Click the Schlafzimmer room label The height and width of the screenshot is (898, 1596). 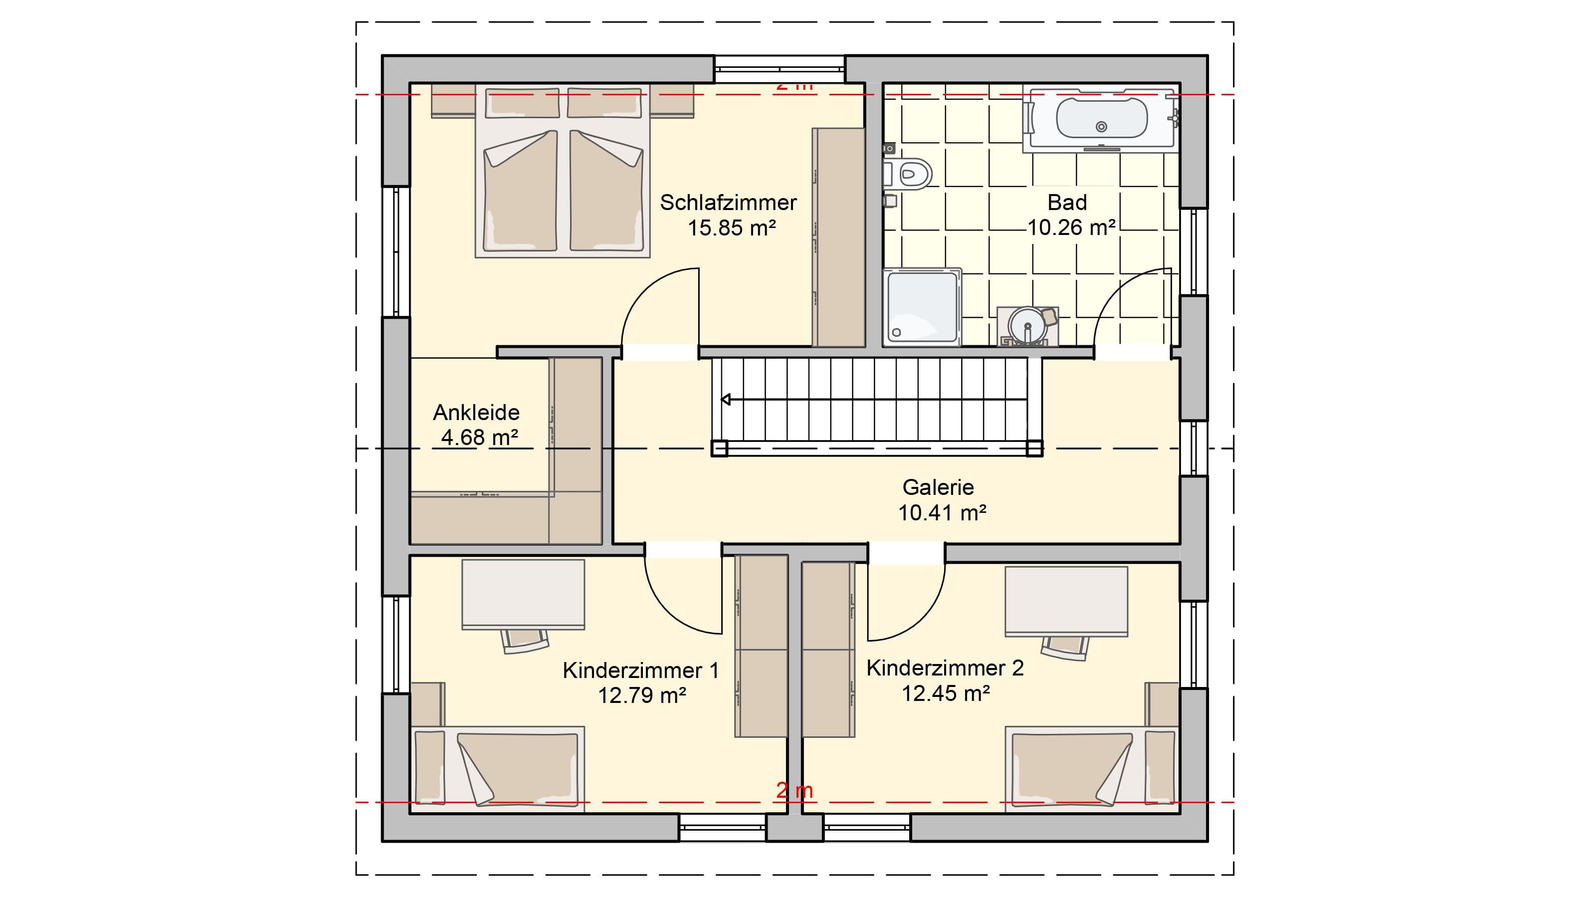[x=728, y=203]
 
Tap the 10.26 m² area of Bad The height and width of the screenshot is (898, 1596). [x=1071, y=227]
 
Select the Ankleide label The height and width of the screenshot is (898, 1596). [x=476, y=412]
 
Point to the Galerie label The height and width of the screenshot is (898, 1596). [x=938, y=487]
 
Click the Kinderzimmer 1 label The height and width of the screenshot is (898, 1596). [x=640, y=670]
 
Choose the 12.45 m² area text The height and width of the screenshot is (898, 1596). [x=946, y=693]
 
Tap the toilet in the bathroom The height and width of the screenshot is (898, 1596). [x=908, y=174]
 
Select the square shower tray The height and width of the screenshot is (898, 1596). [x=922, y=307]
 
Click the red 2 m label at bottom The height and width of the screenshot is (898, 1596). [x=795, y=790]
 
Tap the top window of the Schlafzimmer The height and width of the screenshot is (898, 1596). [x=780, y=69]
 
